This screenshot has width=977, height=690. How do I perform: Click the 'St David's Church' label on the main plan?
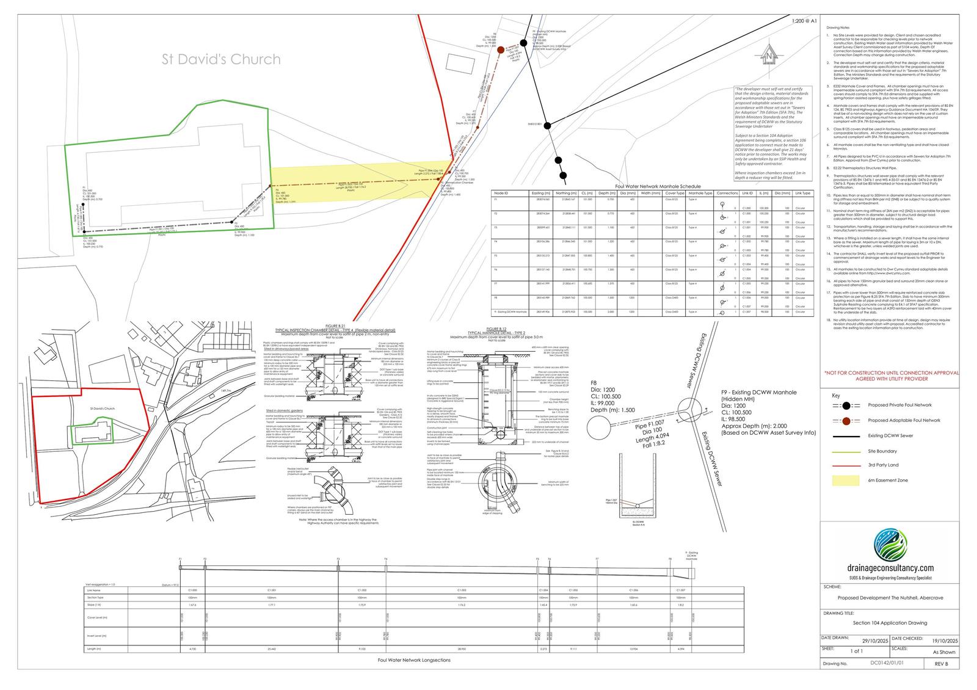pos(221,59)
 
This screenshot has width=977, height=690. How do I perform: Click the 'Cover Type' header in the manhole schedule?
pos(675,194)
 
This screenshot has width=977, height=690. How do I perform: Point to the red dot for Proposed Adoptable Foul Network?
pos(846,420)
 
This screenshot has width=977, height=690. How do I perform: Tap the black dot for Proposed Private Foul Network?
pos(846,405)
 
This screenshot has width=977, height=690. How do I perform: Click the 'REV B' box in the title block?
pos(943,663)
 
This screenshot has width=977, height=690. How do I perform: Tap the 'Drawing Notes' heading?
pos(837,28)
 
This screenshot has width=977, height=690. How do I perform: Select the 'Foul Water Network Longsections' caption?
pos(414,659)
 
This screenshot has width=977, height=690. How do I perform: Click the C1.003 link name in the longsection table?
pos(462,590)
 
